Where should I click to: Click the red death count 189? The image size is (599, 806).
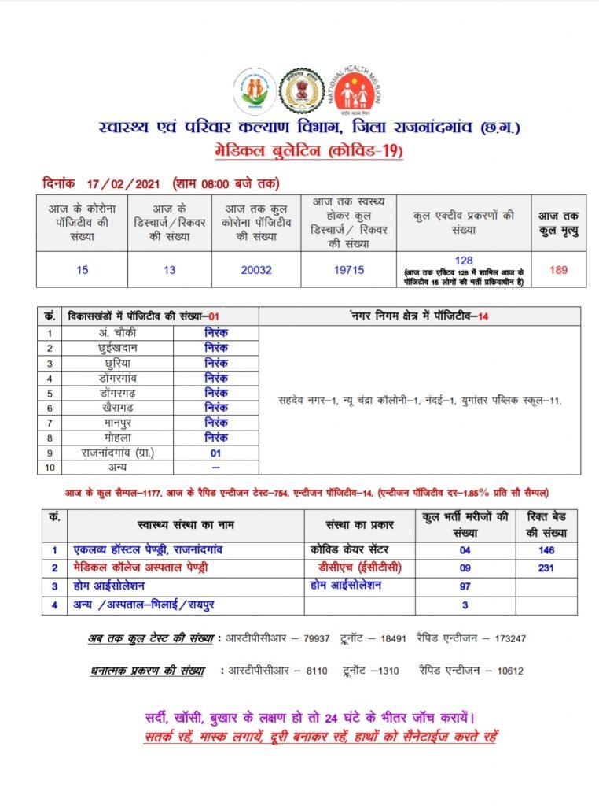558,270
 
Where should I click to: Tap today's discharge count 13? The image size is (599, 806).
170,270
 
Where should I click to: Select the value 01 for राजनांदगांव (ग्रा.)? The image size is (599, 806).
216,453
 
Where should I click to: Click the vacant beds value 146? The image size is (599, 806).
542,550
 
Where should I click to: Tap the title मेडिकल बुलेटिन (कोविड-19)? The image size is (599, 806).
299,150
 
